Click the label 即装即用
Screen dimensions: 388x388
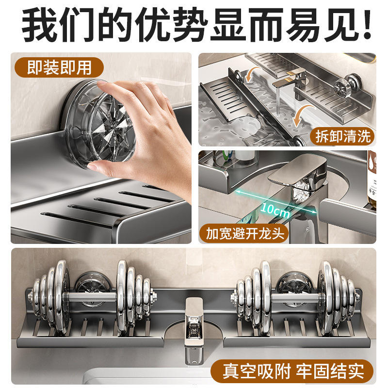[59, 67]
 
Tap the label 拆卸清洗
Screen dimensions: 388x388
[343, 136]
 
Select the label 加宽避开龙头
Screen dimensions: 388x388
[245, 233]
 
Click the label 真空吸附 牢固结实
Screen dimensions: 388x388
[293, 371]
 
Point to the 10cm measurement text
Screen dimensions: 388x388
[275, 210]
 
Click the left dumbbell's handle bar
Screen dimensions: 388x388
[92, 296]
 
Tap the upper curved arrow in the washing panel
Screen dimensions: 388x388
[252, 74]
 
